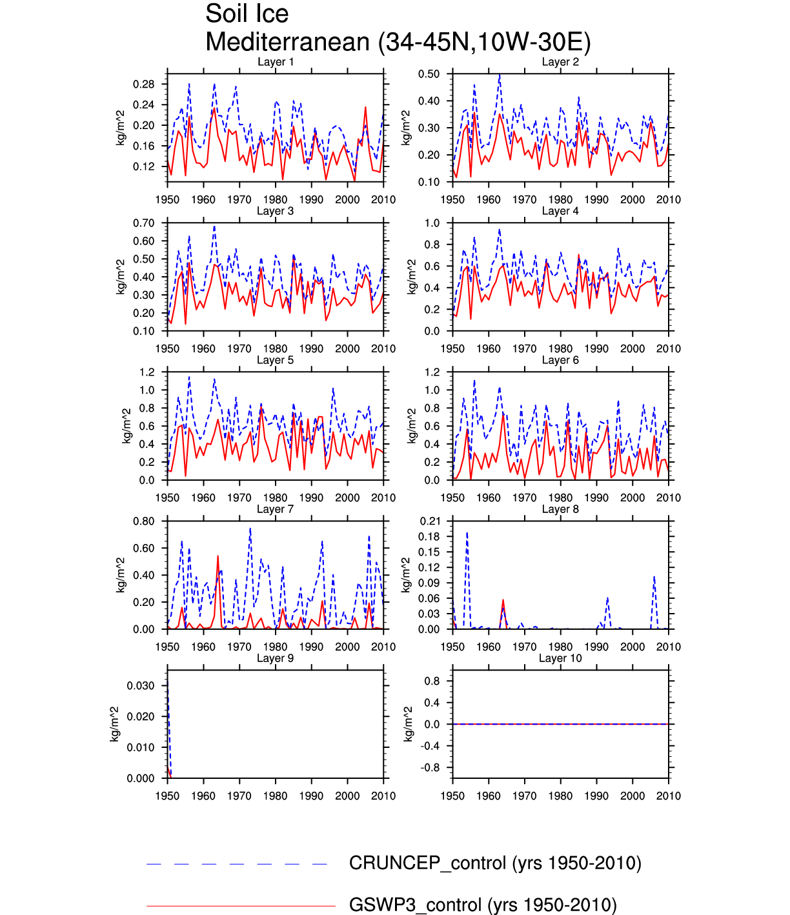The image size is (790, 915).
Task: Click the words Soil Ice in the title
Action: [x=247, y=14]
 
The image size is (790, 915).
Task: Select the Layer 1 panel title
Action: [x=276, y=62]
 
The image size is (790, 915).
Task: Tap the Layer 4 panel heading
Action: [x=560, y=211]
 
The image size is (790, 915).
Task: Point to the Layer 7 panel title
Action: [x=276, y=509]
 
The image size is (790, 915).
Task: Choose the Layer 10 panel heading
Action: [x=560, y=658]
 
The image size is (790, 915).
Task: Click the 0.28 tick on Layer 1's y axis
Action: [x=144, y=85]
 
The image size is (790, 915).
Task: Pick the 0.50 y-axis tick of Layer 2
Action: [x=429, y=74]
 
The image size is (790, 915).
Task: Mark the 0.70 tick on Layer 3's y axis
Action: [x=144, y=223]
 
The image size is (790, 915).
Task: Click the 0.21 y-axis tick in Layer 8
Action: [x=429, y=521]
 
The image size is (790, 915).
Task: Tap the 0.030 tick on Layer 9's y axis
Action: [x=141, y=686]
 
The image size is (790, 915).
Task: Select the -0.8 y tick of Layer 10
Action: [x=431, y=768]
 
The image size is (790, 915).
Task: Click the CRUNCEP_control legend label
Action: [x=495, y=863]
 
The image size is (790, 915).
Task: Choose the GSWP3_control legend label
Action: [x=483, y=905]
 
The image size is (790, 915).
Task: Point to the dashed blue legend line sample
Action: [x=238, y=864]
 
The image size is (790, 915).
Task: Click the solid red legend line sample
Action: [x=241, y=906]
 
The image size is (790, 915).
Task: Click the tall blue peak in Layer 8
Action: [x=467, y=534]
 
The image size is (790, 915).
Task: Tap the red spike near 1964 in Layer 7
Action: [x=218, y=556]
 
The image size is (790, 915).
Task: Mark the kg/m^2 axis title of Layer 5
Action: [x=127, y=425]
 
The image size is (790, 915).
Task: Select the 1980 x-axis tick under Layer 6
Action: [x=560, y=498]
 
